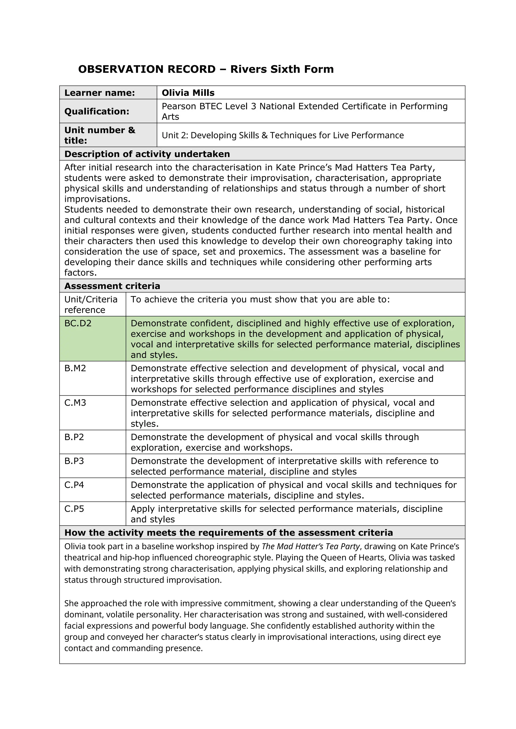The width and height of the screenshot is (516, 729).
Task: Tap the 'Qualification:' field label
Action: pyautogui.click(x=96, y=112)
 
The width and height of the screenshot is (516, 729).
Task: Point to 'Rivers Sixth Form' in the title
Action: pyautogui.click(x=282, y=69)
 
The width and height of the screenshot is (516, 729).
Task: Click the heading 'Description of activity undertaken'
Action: pyautogui.click(x=147, y=154)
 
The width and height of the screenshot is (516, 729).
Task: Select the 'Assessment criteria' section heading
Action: pyautogui.click(x=112, y=286)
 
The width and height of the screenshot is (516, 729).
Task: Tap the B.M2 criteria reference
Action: pyautogui.click(x=75, y=368)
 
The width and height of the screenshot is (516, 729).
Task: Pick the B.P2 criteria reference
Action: pyautogui.click(x=74, y=437)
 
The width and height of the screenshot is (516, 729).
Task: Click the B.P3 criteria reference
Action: pyautogui.click(x=74, y=461)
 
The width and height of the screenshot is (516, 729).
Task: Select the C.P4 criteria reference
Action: pyautogui.click(x=74, y=485)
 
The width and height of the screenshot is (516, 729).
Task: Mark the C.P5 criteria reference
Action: pyautogui.click(x=74, y=509)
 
